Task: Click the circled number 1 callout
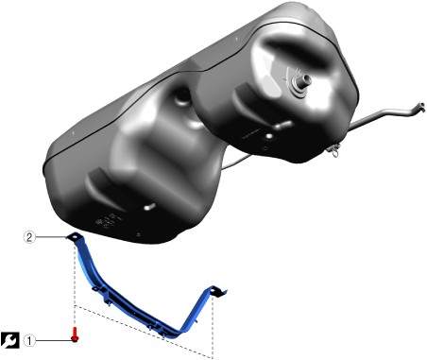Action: click(29, 340)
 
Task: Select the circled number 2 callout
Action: click(29, 237)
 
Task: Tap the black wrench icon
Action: click(10, 340)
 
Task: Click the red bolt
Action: click(75, 334)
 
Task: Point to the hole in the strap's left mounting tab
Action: click(75, 235)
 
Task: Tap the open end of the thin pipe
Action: click(420, 106)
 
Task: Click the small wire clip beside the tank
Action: click(334, 150)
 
